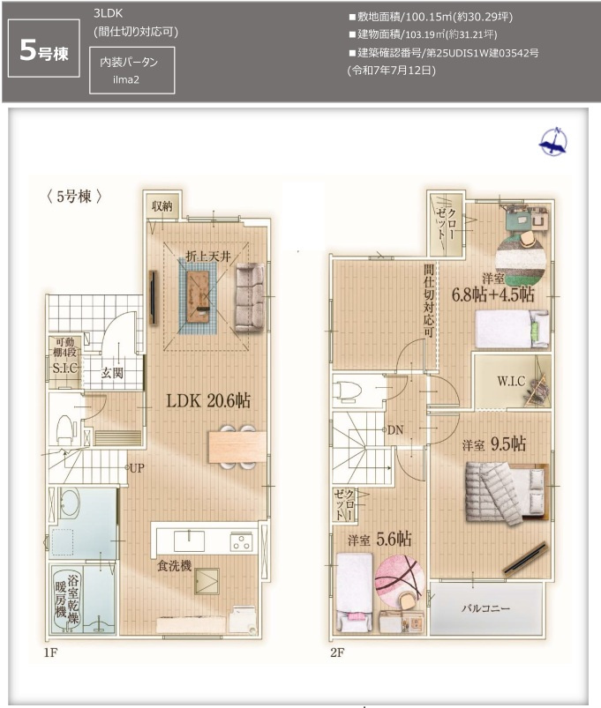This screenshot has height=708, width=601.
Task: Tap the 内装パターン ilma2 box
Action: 131,70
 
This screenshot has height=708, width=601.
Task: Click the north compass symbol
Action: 553,142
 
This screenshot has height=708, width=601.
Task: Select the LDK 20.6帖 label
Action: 208,400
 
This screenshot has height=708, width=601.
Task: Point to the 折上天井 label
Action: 207,256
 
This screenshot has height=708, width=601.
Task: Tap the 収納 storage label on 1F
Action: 161,205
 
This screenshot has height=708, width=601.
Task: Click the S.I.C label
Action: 67,369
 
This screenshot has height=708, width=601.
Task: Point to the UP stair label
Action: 137,468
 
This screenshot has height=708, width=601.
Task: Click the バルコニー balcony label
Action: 486,608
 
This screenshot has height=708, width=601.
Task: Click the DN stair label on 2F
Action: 394,429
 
